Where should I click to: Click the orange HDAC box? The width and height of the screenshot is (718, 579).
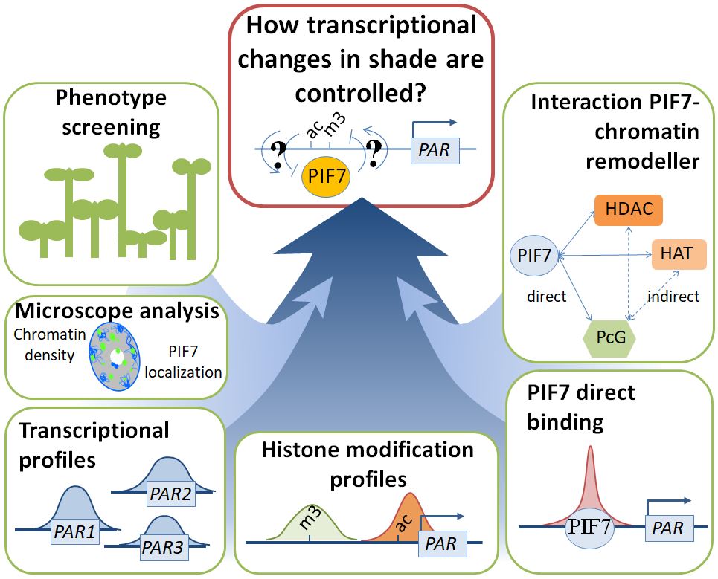tap(628, 210)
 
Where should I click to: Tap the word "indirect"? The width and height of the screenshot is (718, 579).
tap(673, 297)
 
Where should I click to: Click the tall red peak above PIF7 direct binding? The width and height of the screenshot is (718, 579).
tap(590, 483)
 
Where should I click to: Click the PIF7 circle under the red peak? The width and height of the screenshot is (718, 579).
tap(590, 528)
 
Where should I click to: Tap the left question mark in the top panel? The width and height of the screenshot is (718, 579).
tap(281, 155)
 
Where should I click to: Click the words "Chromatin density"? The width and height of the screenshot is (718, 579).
tap(45, 345)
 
